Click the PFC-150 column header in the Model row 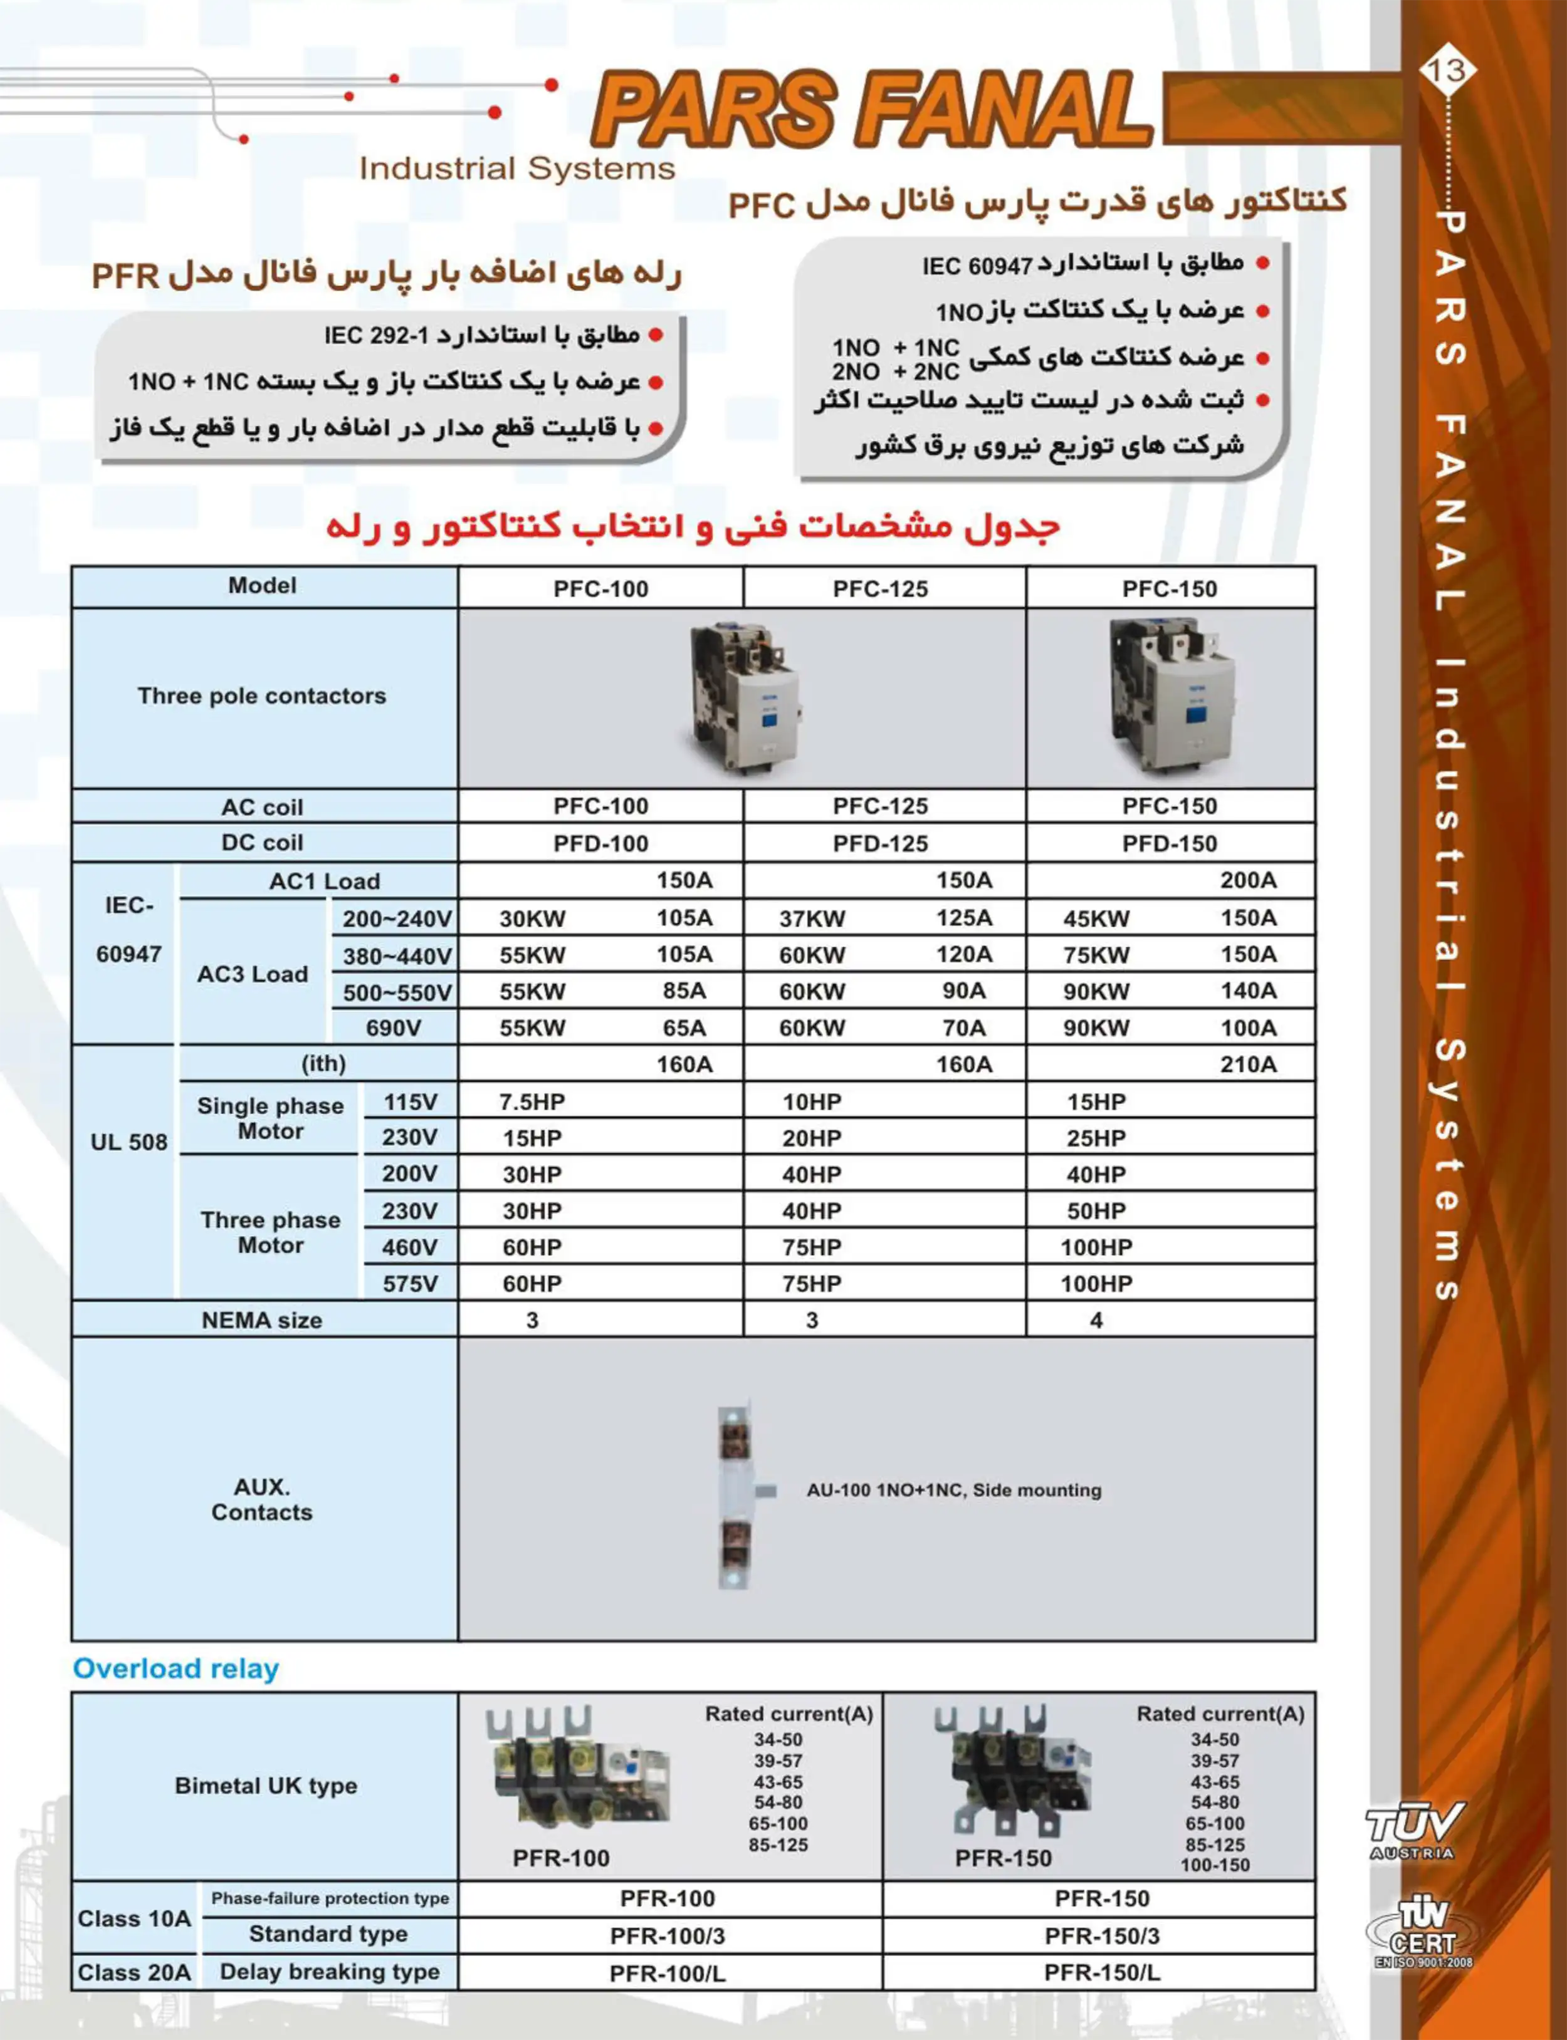1169,589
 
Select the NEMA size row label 262,1320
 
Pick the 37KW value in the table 812,919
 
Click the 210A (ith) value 1248,1064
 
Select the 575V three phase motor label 409,1284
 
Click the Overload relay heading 176,1668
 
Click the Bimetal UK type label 266,1786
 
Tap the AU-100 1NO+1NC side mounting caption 953,1490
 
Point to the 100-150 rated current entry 1215,1865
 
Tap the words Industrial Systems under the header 516,169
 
